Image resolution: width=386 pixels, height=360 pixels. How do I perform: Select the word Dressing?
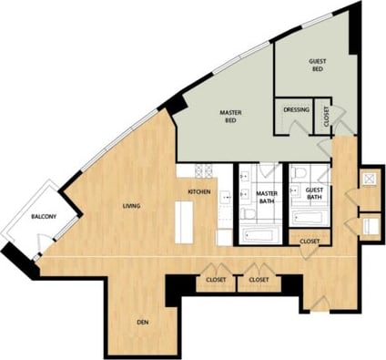pos(296,110)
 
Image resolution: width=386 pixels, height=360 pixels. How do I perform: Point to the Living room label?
pos(131,206)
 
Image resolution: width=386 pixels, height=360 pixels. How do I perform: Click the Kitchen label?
pos(199,192)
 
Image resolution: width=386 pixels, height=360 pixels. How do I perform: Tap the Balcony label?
pos(45,216)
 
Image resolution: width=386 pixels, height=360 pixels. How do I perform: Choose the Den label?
pos(142,322)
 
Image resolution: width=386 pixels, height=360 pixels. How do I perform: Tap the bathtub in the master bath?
pos(262,236)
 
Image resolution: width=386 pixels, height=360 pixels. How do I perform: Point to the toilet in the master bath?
pos(249,213)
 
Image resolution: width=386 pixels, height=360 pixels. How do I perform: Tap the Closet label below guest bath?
pos(310,241)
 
